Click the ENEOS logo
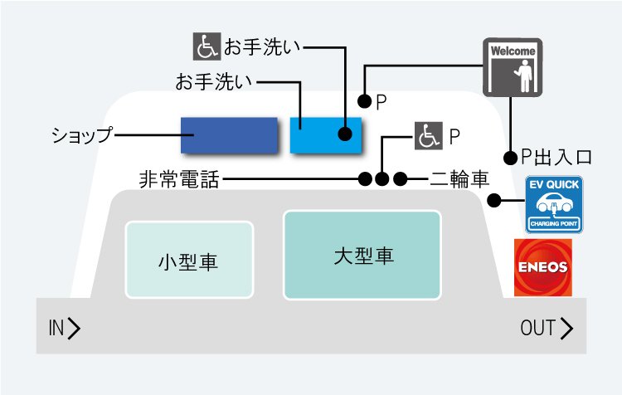point(543,267)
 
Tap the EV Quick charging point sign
point(554,204)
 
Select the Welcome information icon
point(513,67)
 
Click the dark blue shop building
point(229,135)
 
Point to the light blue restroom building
point(326,135)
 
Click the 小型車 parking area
point(189,260)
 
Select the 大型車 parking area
point(362,255)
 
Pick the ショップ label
point(82,135)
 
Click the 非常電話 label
point(179,179)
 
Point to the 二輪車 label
point(459,179)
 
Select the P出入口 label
point(556,157)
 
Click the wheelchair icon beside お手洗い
point(207,46)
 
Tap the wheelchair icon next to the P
point(429,136)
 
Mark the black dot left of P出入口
point(511,158)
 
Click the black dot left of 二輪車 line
point(401,179)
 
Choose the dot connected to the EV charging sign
point(494,201)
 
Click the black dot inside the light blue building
point(345,134)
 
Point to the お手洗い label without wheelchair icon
point(214,82)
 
